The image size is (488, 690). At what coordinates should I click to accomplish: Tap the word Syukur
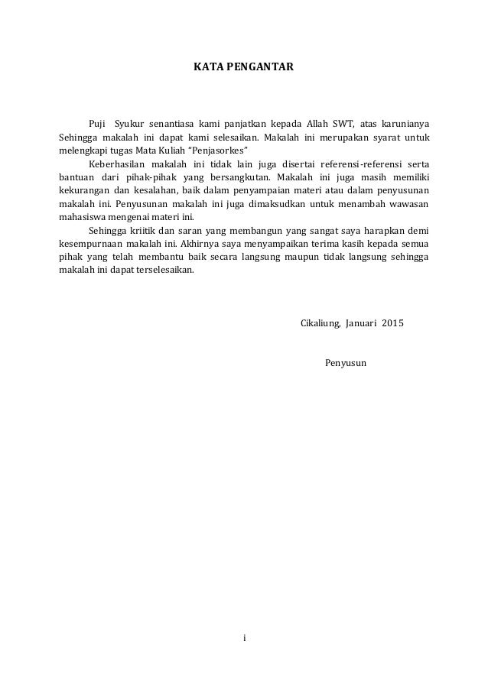(x=128, y=124)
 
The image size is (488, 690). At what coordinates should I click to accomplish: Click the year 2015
(x=392, y=322)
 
